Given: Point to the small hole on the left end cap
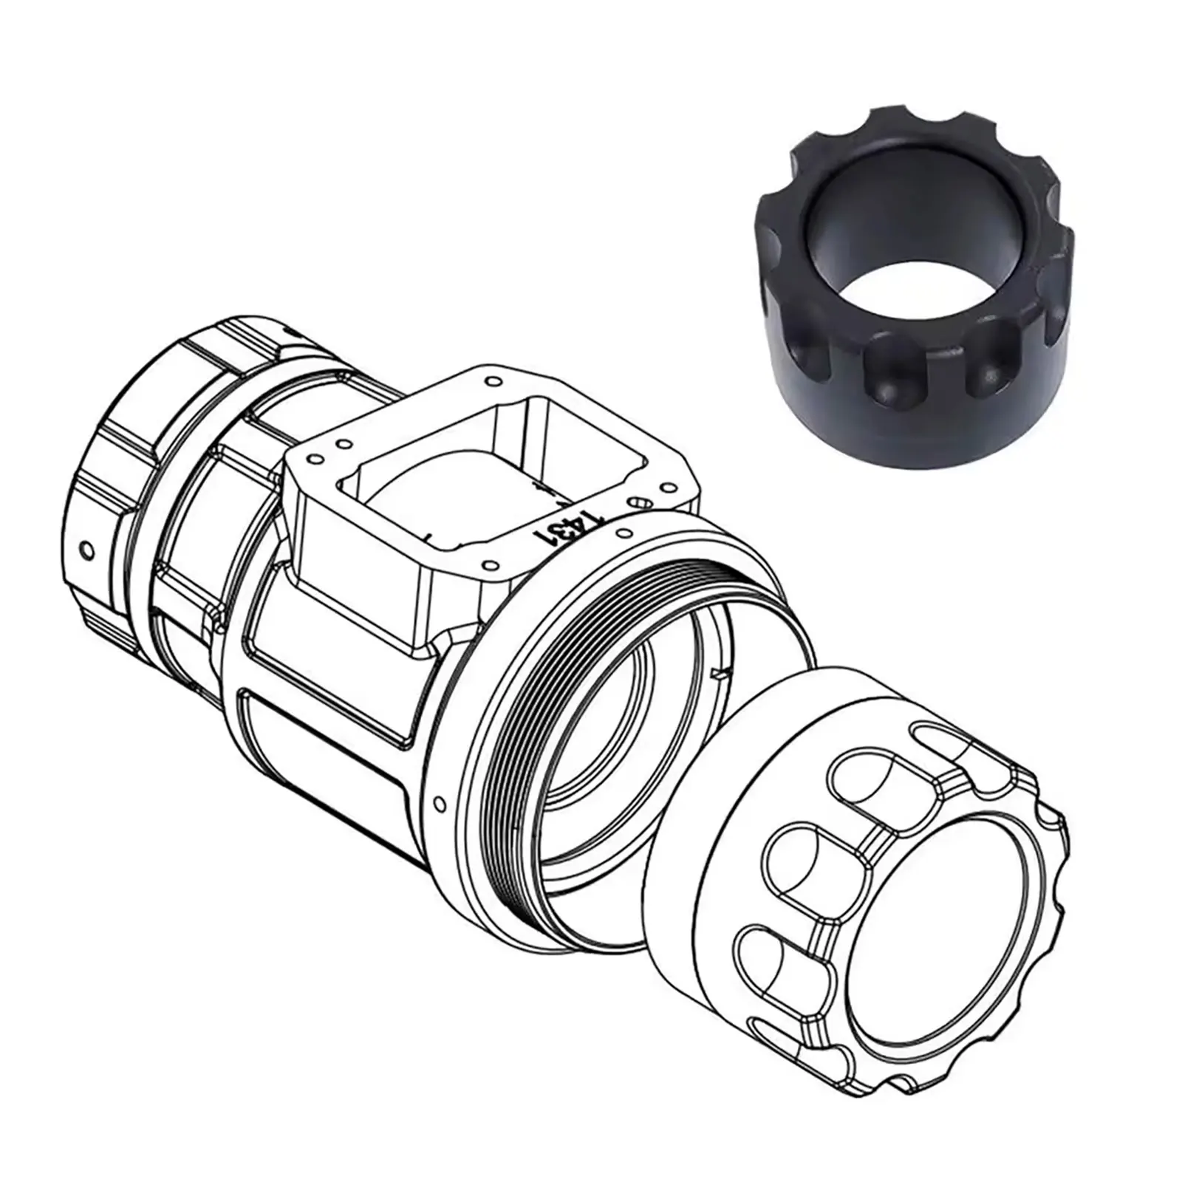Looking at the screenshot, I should coord(88,550).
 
